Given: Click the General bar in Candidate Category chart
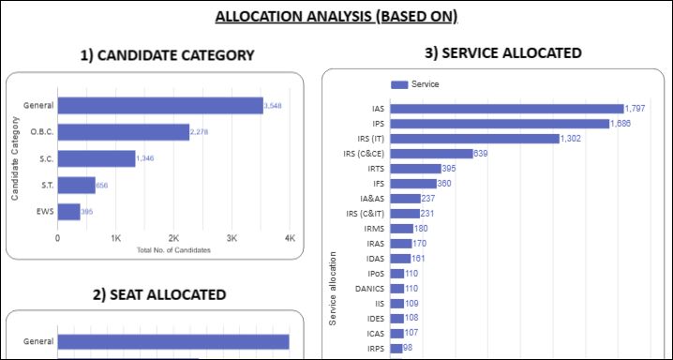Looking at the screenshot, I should point(159,106).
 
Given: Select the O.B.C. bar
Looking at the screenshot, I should point(123,132).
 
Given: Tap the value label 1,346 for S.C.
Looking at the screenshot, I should point(145,158).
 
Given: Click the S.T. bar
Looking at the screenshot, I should point(76,186).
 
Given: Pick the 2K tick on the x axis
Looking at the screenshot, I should point(173,238).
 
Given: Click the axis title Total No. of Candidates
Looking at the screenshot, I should point(173,250).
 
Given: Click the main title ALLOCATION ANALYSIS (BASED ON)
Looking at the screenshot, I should point(336,16).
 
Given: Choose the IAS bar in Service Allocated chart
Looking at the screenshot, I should point(506,109).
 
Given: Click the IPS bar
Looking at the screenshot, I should point(499,124).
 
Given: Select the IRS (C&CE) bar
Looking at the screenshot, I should point(431,154).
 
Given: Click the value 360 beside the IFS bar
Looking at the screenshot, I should point(444,184).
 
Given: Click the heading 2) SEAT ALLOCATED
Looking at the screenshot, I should point(159,294).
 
